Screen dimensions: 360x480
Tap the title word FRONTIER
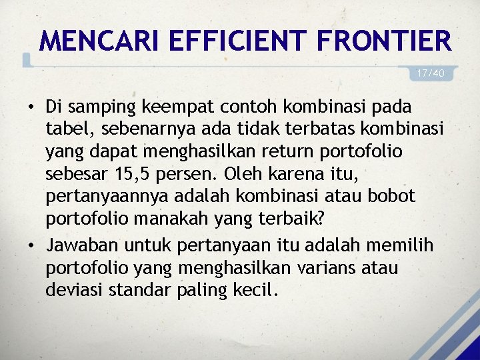tap(385, 41)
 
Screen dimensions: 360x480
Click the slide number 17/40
tap(431, 73)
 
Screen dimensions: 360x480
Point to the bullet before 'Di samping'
tap(32, 107)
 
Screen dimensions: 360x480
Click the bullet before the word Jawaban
tap(32, 245)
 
